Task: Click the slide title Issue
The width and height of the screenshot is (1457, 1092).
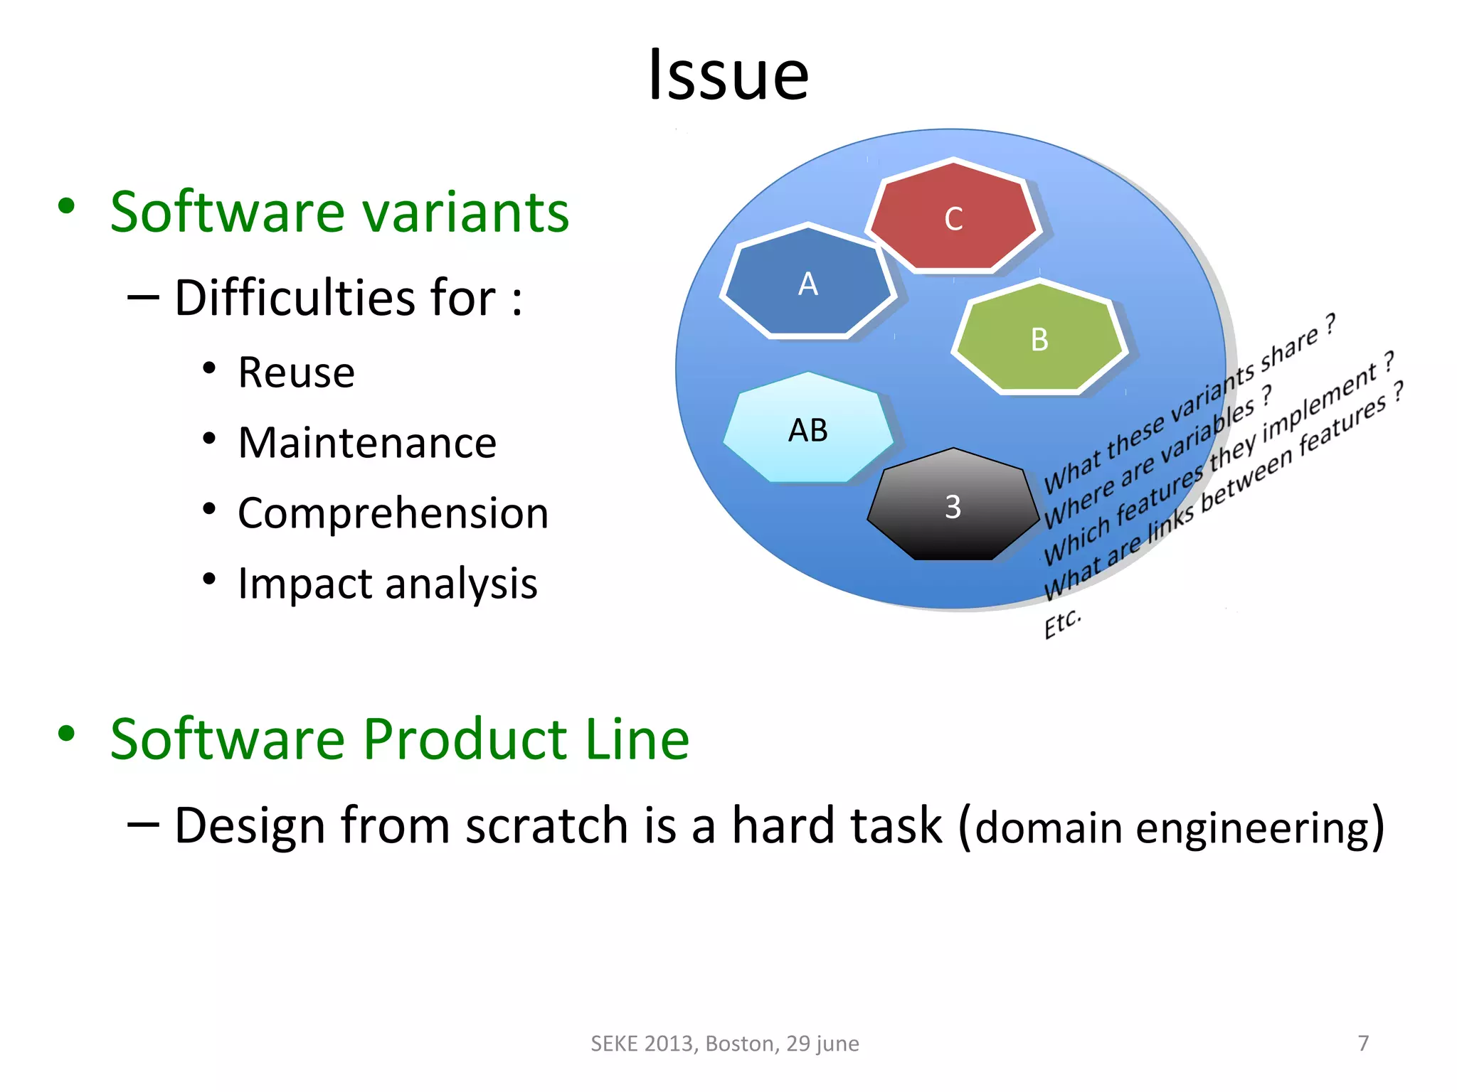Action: tap(728, 75)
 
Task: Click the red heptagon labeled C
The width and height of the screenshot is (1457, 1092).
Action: tap(953, 217)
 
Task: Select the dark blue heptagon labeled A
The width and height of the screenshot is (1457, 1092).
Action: tap(808, 282)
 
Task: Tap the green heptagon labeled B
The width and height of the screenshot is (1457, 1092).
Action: tap(1039, 338)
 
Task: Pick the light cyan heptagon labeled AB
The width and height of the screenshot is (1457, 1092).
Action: tap(808, 429)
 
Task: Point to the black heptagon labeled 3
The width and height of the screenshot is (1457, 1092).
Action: tap(953, 506)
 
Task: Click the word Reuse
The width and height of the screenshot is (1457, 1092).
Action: tap(296, 372)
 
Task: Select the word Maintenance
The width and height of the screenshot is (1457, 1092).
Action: tap(367, 442)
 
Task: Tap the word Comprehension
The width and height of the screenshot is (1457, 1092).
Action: tap(393, 513)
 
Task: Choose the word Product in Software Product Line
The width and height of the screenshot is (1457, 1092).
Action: tap(465, 739)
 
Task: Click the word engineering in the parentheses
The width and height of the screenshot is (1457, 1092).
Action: tap(1252, 829)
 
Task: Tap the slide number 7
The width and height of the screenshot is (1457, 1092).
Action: tap(1363, 1043)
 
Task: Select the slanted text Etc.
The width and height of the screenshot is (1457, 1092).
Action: tap(1062, 623)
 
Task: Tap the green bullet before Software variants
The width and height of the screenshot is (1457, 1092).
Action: tap(66, 207)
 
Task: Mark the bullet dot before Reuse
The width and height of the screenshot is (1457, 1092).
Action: tap(208, 368)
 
